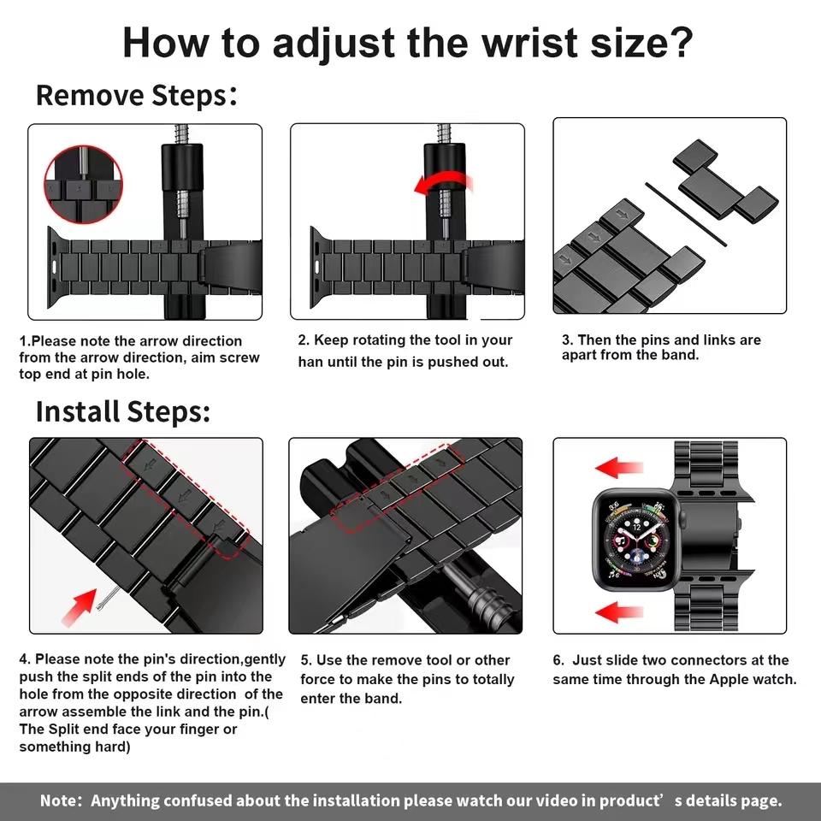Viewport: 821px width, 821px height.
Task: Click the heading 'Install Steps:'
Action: coord(122,411)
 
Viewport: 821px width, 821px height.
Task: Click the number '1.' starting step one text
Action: coord(25,341)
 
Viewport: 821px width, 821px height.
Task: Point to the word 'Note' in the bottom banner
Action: coord(59,801)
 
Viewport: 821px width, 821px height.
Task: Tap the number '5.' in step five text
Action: coord(306,660)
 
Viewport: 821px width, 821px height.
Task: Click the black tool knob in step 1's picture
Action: coord(182,167)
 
